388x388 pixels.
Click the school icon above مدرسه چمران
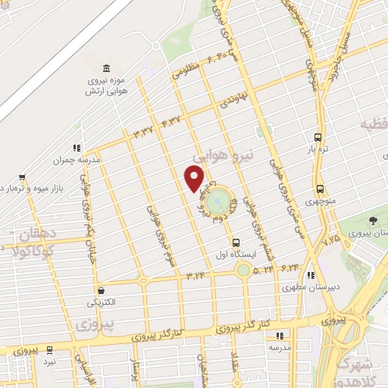click(x=76, y=148)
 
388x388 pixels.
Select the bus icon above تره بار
click(x=319, y=138)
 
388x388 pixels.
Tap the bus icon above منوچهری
click(x=319, y=189)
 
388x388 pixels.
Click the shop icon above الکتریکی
click(x=100, y=290)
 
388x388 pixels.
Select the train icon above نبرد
click(x=49, y=350)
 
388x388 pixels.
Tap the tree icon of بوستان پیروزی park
click(x=374, y=220)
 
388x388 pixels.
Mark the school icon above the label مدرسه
click(x=279, y=334)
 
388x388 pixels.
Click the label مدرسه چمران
click(x=77, y=161)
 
